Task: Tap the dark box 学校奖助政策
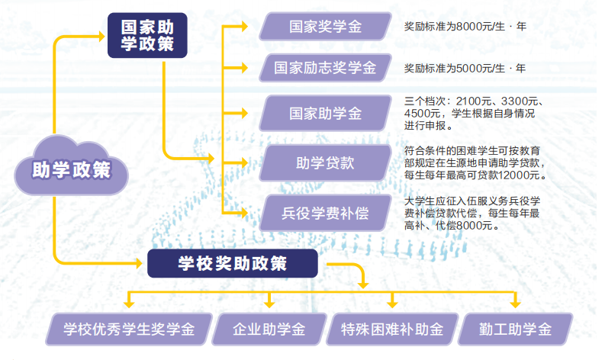click(232, 264)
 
